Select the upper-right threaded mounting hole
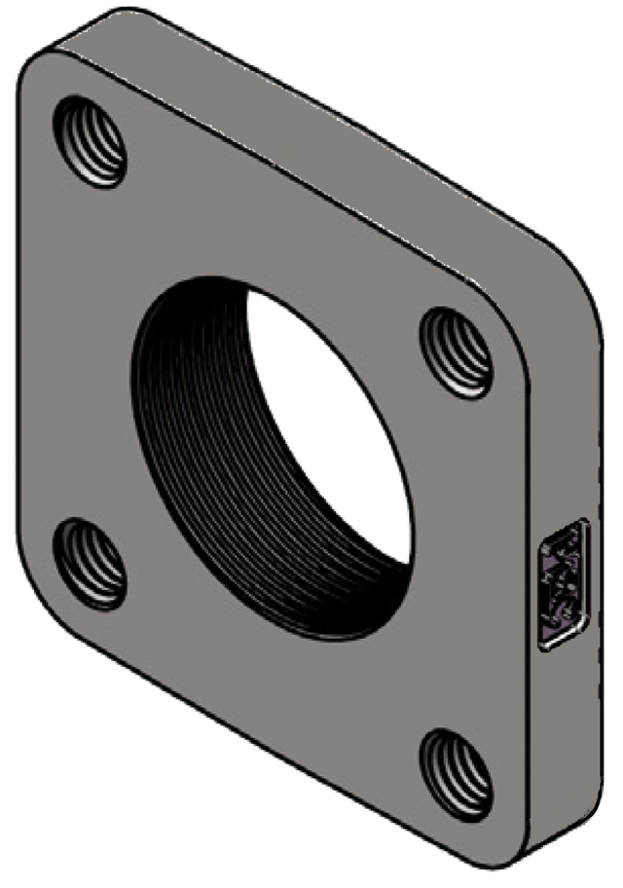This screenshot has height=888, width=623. [457, 349]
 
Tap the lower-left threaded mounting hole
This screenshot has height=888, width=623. [90, 564]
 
